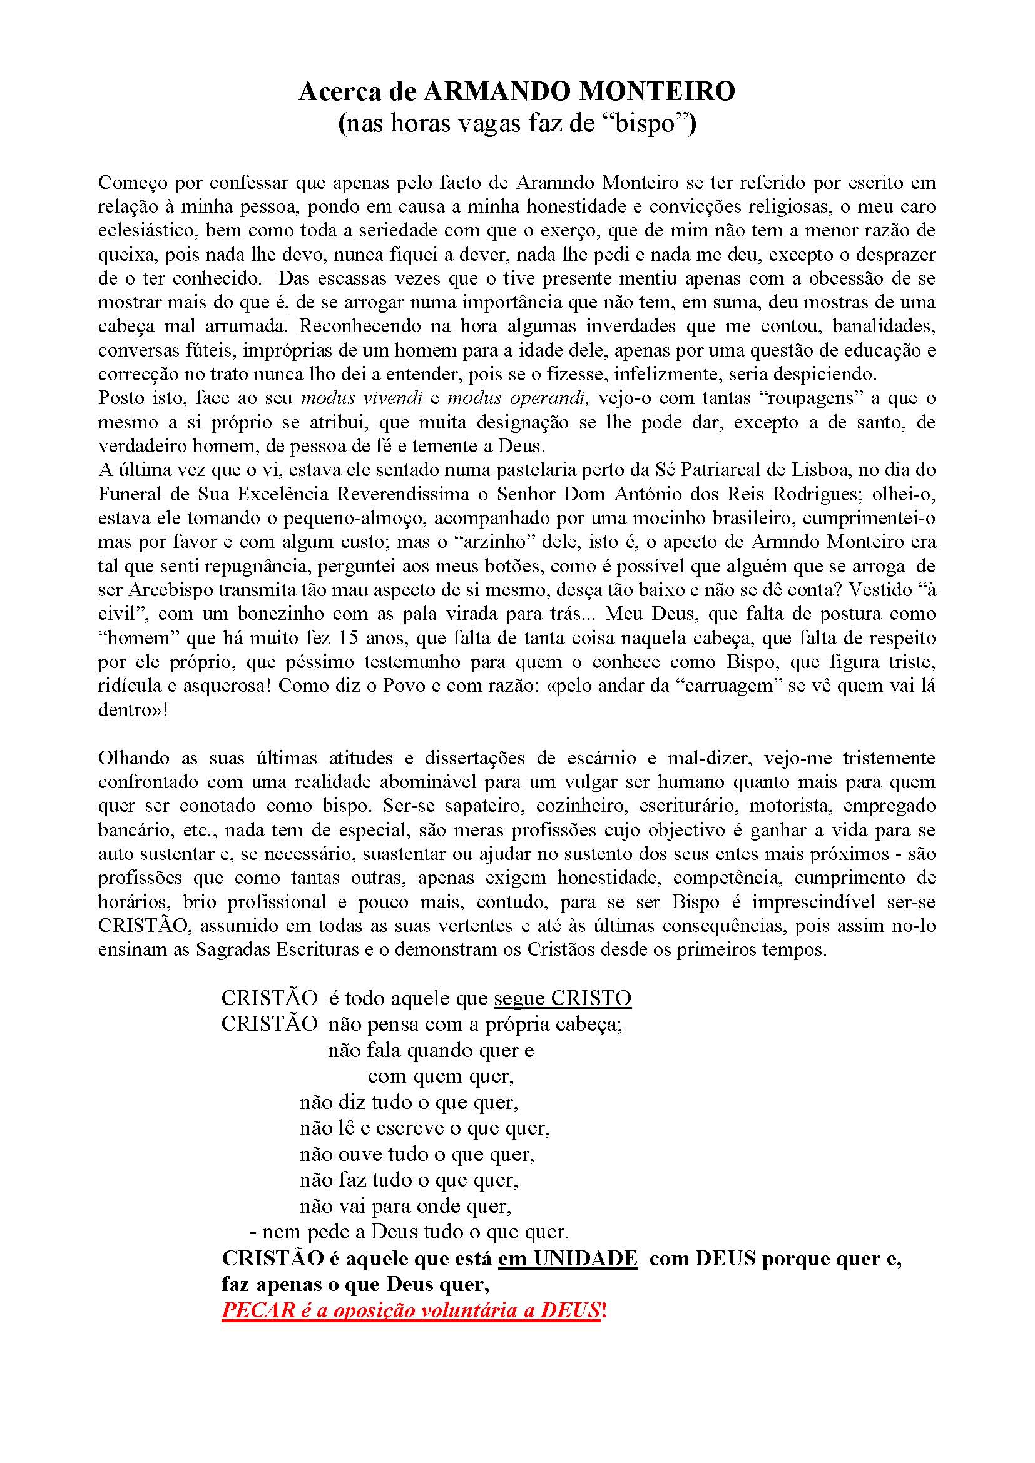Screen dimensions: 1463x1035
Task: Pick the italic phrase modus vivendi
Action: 361,398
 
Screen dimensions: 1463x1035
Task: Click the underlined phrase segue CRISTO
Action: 562,998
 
